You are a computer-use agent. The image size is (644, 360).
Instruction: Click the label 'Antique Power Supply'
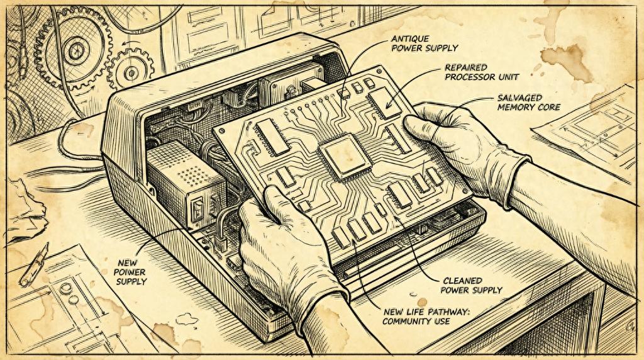click(x=425, y=43)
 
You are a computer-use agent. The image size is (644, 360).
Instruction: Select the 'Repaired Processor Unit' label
click(x=482, y=72)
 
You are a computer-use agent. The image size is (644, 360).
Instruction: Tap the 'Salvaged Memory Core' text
click(x=528, y=103)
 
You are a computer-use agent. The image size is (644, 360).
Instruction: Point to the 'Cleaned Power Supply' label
click(x=472, y=286)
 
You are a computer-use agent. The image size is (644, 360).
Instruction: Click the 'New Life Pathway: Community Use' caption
click(x=426, y=317)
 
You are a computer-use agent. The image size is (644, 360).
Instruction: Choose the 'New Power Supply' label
click(x=131, y=272)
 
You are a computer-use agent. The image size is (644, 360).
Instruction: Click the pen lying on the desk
click(x=35, y=265)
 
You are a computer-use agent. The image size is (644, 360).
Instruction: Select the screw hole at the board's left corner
click(x=222, y=130)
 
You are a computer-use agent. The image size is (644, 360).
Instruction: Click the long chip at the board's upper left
click(x=272, y=137)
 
